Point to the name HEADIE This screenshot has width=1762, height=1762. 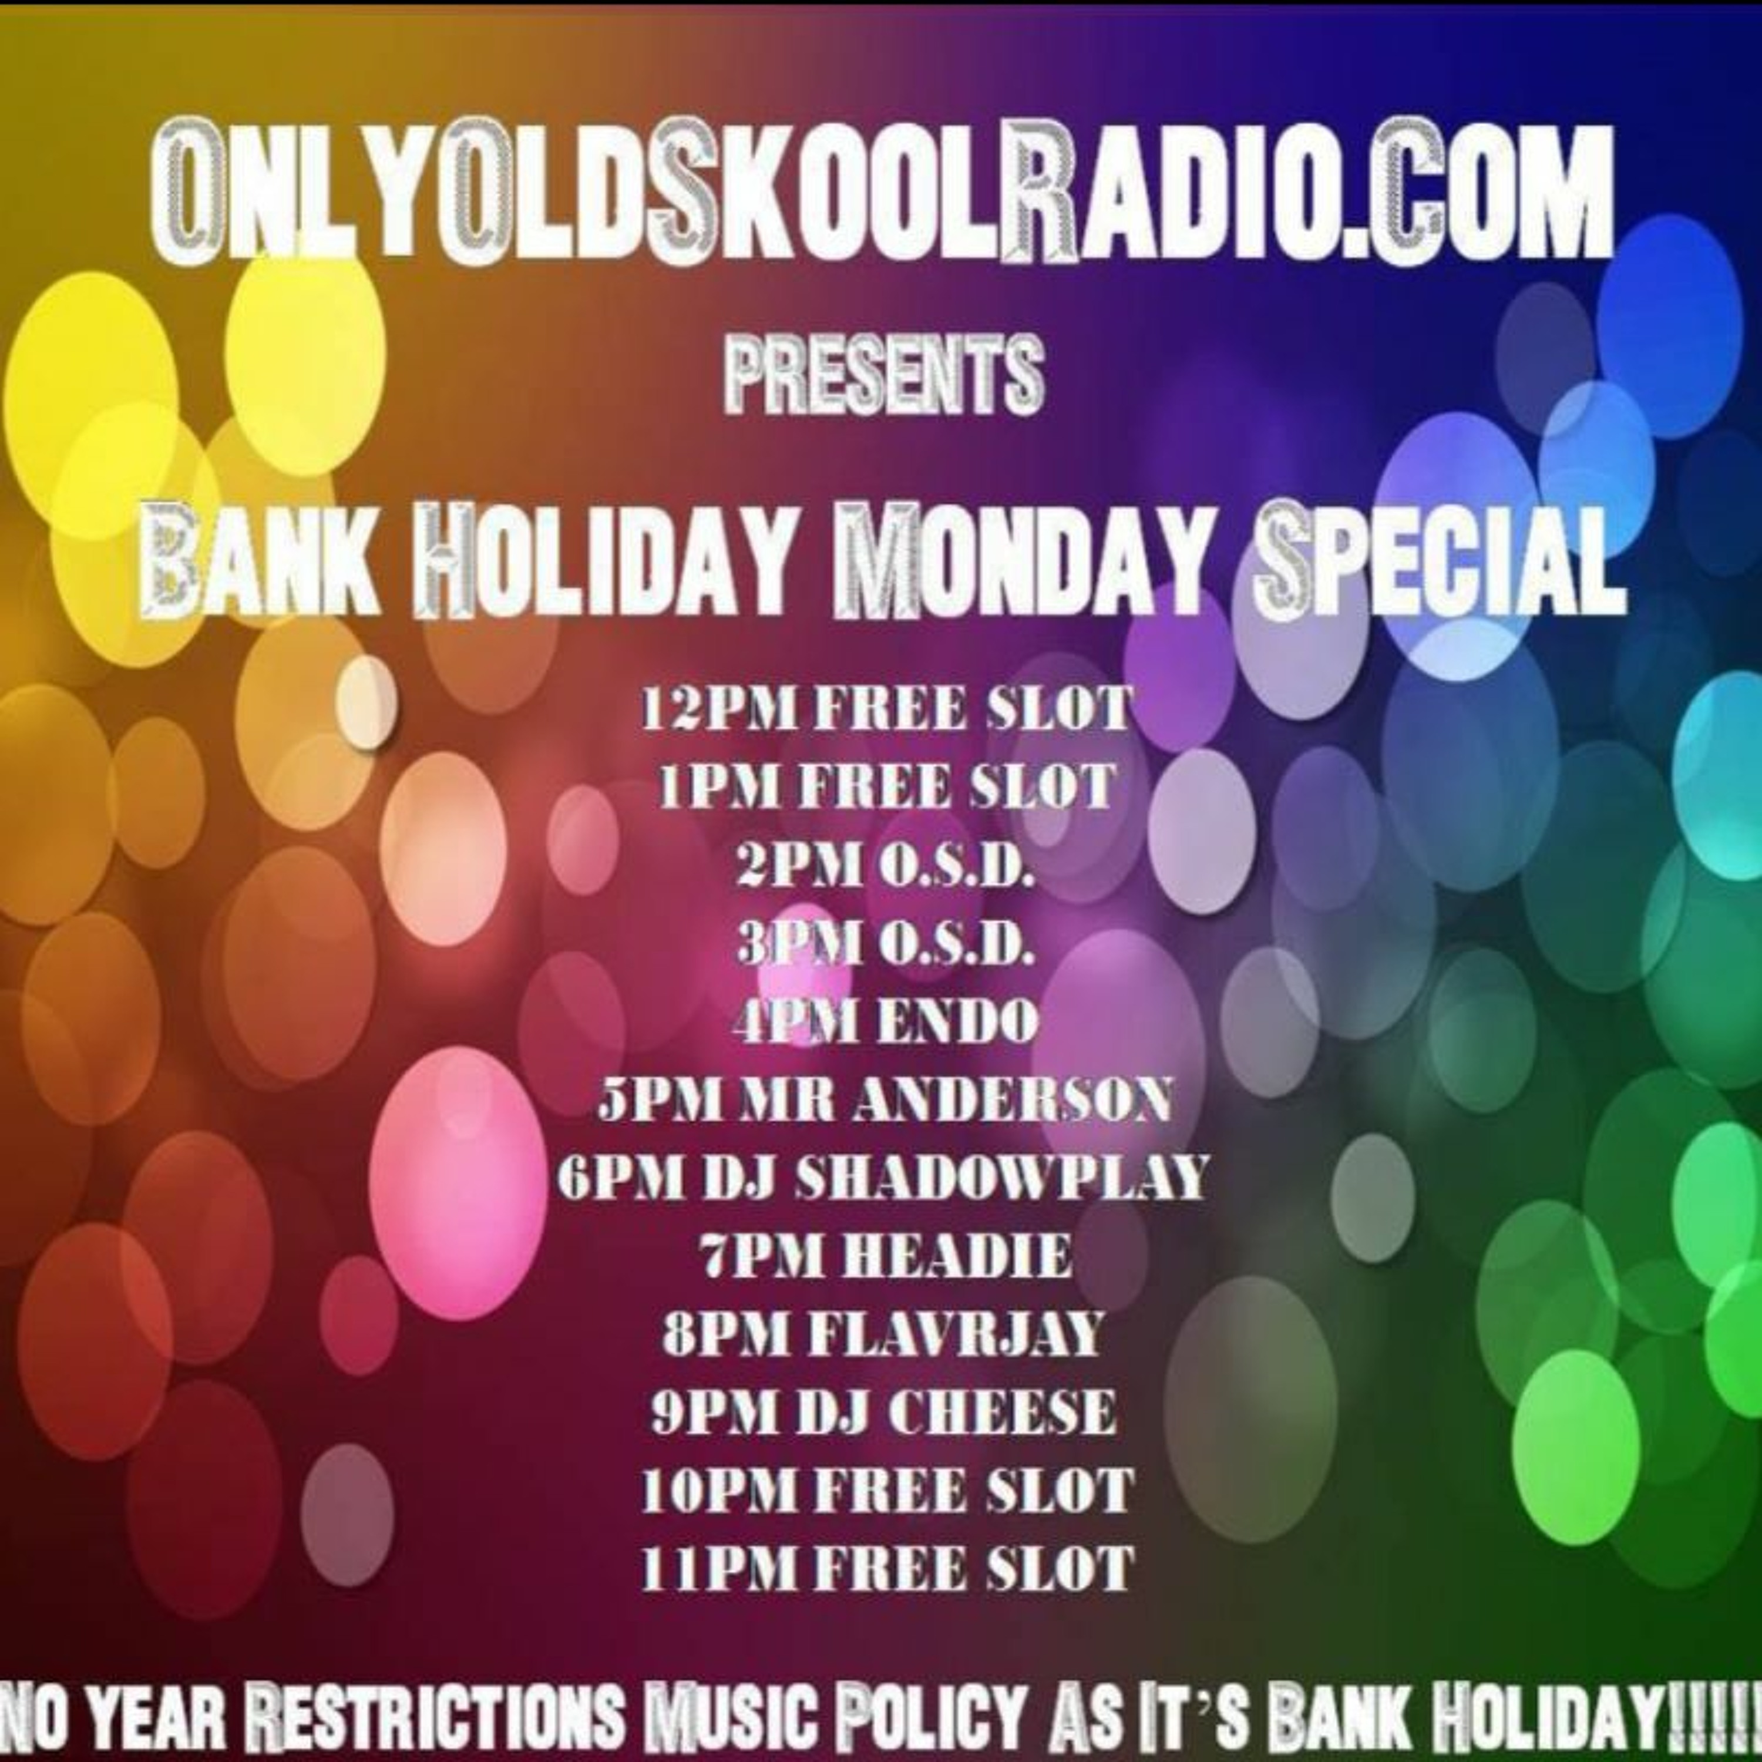click(957, 1257)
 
